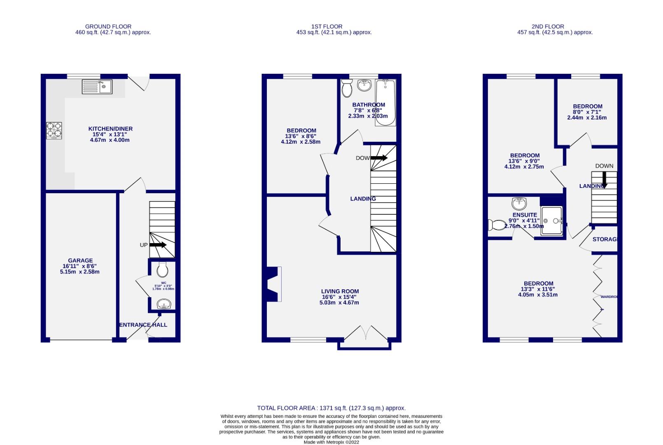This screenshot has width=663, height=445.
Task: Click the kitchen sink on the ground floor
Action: point(97,87)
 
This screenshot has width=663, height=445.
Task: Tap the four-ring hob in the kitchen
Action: point(54,130)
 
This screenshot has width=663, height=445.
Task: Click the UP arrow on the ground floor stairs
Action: point(158,245)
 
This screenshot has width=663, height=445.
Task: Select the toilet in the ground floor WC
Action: point(162,270)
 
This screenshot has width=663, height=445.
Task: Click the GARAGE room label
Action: point(80,261)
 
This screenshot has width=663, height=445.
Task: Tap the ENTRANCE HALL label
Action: point(143,325)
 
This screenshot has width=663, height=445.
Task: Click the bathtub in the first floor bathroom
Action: point(387,102)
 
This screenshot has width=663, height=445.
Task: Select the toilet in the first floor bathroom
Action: point(347,89)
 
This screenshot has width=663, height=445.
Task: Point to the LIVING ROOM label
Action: point(340,291)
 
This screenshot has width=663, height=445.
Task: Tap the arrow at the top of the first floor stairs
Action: point(379,158)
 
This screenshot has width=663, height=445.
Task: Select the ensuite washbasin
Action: point(519,203)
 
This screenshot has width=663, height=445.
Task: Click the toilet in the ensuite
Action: point(497,225)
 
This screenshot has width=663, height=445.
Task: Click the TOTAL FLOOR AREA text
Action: point(331,408)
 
